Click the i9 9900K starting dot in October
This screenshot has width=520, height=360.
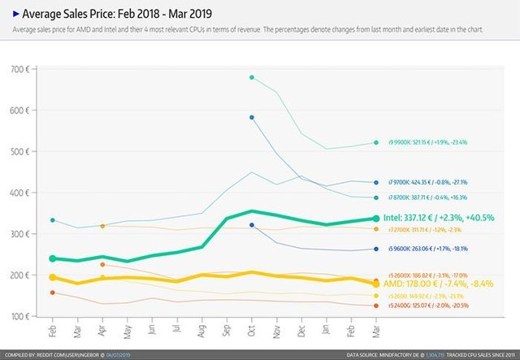pyautogui.click(x=252, y=77)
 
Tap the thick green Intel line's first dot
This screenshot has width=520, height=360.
pyautogui.click(x=53, y=258)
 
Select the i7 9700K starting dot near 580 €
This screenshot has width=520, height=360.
pyautogui.click(x=252, y=118)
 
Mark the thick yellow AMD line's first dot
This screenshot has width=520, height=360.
pyautogui.click(x=53, y=275)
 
